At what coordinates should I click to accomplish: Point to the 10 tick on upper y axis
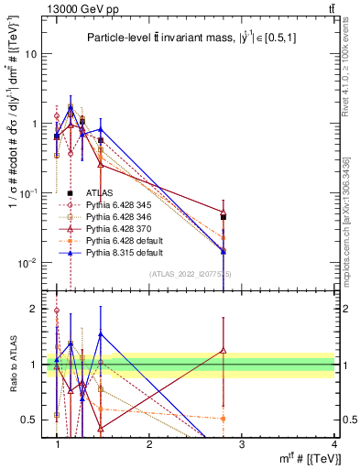[x=30, y=53]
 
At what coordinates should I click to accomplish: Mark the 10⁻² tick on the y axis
[x=27, y=262]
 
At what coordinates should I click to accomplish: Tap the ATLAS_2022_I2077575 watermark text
[x=190, y=274]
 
